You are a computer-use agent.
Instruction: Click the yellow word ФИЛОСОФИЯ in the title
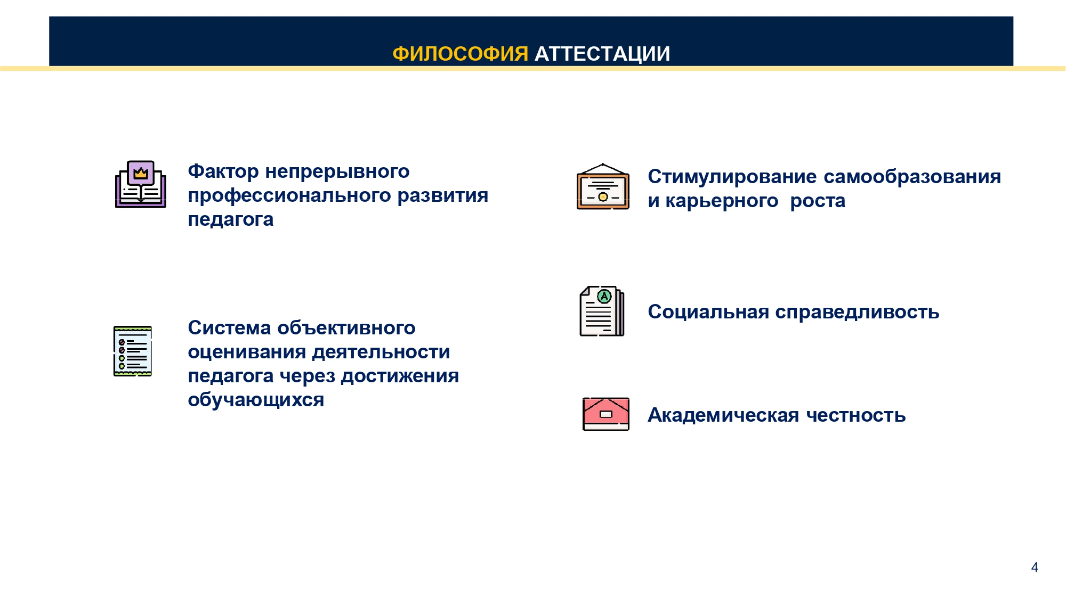click(461, 54)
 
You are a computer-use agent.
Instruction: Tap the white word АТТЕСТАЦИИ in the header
click(602, 54)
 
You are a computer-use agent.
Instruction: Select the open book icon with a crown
click(141, 184)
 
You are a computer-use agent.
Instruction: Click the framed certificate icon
click(603, 186)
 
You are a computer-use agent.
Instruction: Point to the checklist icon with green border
click(133, 351)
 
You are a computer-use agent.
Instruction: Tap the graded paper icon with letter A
click(602, 311)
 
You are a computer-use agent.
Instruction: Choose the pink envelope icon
click(606, 414)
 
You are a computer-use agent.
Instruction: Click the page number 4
click(1035, 567)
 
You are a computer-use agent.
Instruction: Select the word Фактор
click(223, 171)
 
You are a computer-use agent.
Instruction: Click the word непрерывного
click(337, 171)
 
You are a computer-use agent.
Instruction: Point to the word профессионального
click(289, 195)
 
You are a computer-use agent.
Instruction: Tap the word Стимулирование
click(732, 176)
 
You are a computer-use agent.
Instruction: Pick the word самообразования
click(912, 177)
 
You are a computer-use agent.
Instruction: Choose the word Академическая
click(723, 415)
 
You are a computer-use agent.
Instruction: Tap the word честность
click(856, 415)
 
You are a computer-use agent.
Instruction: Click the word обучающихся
click(256, 399)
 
